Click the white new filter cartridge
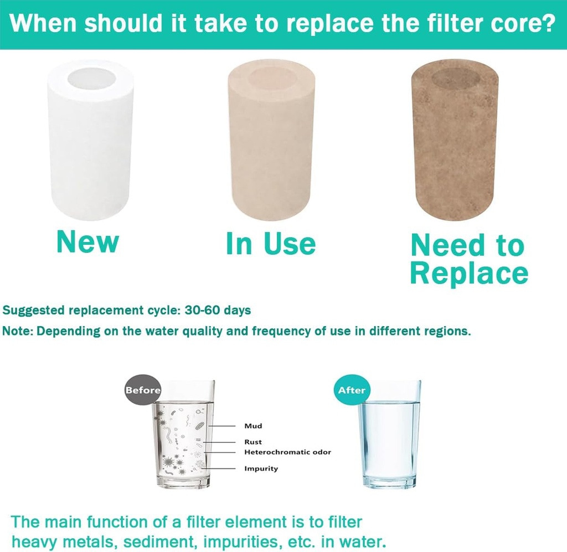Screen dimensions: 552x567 click(91, 144)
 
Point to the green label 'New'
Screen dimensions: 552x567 click(87, 241)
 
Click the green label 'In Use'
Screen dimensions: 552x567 click(271, 244)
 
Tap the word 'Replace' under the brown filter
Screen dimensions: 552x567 click(469, 273)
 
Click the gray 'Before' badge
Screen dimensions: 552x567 click(143, 390)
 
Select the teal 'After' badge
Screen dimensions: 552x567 click(352, 390)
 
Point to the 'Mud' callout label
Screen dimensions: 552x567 click(253, 426)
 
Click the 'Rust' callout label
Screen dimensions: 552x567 click(253, 442)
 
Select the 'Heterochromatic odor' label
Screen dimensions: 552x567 click(287, 452)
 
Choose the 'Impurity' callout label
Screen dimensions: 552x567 click(261, 468)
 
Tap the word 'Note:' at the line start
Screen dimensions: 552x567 click(19, 332)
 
